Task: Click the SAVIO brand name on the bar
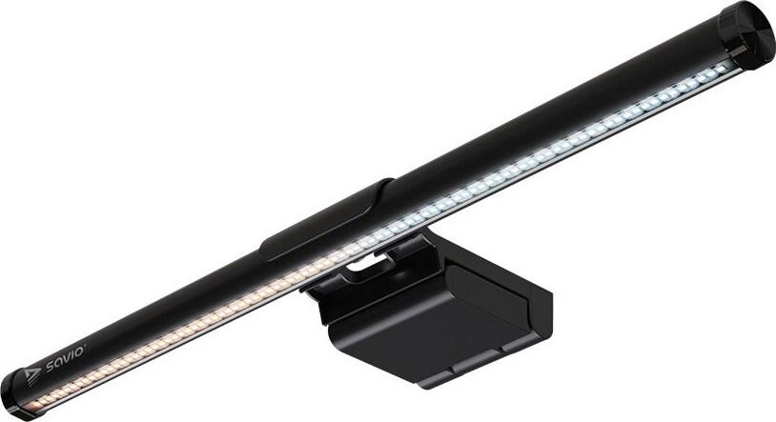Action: (x=66, y=359)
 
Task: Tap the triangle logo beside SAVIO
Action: (x=32, y=375)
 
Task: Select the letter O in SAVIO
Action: (x=80, y=351)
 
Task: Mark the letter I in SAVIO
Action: (x=72, y=354)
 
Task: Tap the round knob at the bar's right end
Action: (x=746, y=33)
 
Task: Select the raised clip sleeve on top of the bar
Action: (x=327, y=220)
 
